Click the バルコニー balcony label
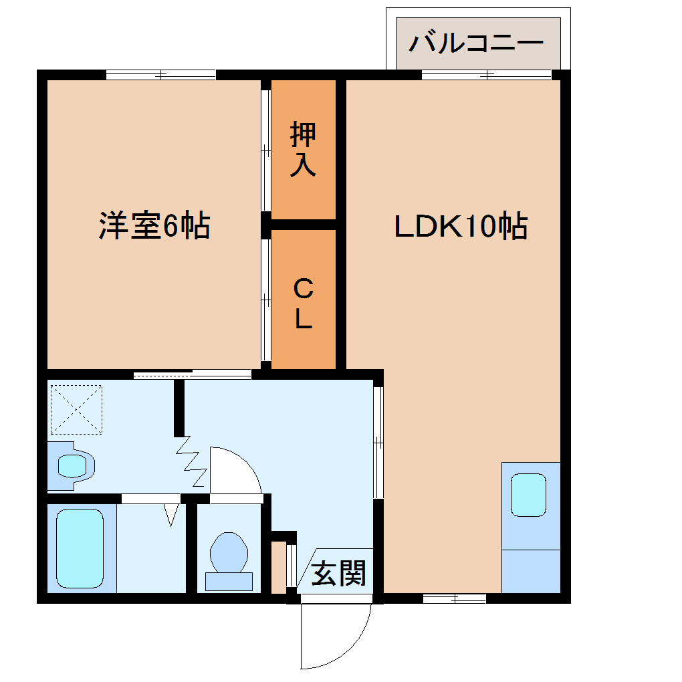pos(476,43)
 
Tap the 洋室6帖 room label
pos(154,226)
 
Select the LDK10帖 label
pos(461,227)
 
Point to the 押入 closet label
pos(303,150)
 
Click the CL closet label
pos(303,304)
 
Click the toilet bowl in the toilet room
pos(229,552)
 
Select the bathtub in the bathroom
pos(80,548)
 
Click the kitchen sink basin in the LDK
pos(530,494)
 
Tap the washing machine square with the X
pos(76,409)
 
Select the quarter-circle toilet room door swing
pos(234,471)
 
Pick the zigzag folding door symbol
pos(191,461)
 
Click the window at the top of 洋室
pos(161,75)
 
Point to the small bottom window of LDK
pos(454,598)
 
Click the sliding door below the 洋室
pos(193,374)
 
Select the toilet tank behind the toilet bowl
pos(229,581)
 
